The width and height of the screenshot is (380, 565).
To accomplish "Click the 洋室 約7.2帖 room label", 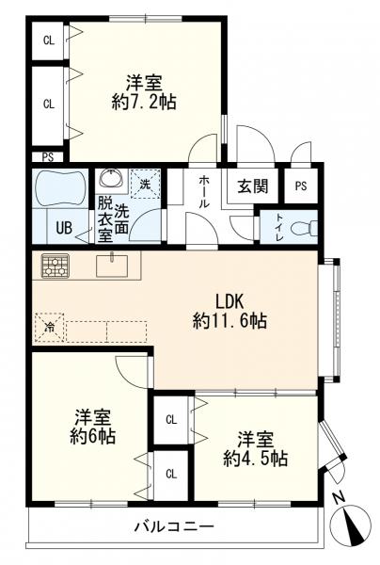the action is [x=144, y=92].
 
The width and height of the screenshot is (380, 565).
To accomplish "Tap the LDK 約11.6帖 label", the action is [x=230, y=311].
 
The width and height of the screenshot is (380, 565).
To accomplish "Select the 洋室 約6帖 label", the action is [x=92, y=427].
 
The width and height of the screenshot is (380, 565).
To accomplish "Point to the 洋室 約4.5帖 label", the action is [x=255, y=449].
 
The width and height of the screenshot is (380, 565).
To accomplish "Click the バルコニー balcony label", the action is [x=174, y=526].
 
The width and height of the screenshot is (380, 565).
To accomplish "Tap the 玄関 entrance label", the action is [x=253, y=186].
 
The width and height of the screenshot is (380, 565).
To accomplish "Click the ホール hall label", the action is [x=204, y=191].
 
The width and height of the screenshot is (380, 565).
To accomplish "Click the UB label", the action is [x=64, y=228].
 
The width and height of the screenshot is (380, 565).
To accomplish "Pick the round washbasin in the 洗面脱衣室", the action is [x=111, y=178].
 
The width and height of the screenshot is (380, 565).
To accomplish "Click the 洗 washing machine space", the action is [x=145, y=185].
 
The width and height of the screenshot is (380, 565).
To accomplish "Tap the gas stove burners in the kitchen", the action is [x=55, y=266].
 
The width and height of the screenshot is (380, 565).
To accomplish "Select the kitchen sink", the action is [x=112, y=266].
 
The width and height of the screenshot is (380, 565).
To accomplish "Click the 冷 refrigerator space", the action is [x=49, y=328].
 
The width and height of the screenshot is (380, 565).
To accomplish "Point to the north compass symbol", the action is [x=351, y=525].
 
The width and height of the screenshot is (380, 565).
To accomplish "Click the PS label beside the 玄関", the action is [x=301, y=186].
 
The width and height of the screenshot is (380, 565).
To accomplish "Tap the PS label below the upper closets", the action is [x=48, y=157].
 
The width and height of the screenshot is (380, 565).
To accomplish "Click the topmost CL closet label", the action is [x=49, y=40].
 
